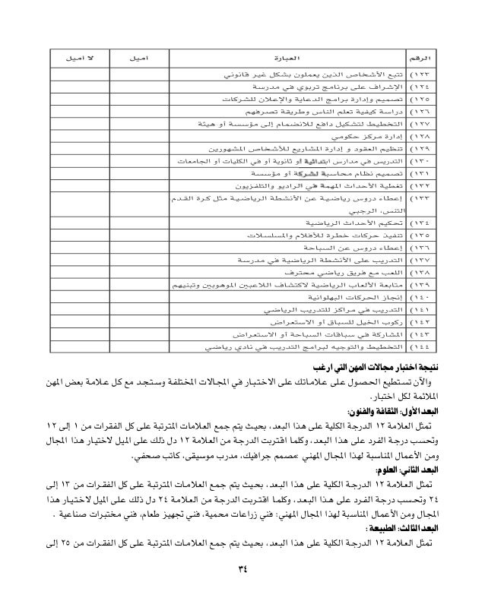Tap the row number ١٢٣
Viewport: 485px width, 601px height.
point(420,76)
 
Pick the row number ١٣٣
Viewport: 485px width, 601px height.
point(420,200)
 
